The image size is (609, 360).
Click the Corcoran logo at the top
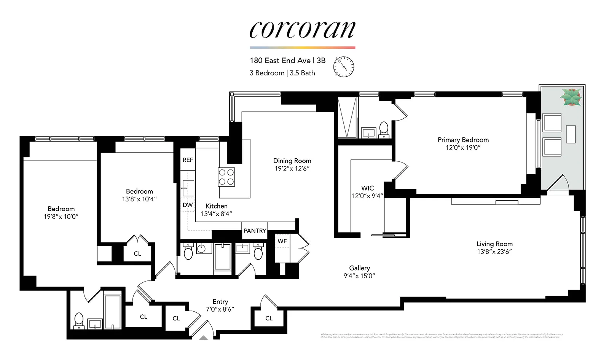[302, 30]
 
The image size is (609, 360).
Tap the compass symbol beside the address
[344, 67]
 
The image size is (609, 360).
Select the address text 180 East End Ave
[280, 61]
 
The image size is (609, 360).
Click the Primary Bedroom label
[463, 140]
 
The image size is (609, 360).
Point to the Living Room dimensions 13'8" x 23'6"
[494, 252]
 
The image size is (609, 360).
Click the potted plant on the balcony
[571, 97]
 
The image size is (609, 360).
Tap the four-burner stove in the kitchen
[226, 177]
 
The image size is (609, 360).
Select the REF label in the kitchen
[188, 160]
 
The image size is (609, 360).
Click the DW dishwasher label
[188, 205]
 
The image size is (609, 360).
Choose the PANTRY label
[255, 231]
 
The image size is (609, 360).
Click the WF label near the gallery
[282, 241]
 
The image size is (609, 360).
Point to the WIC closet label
[367, 188]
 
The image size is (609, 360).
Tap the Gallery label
[359, 268]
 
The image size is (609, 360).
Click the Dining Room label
[292, 161]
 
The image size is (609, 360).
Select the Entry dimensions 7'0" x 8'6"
[220, 309]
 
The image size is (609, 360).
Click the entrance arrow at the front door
[204, 338]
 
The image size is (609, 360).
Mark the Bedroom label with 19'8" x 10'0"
[61, 209]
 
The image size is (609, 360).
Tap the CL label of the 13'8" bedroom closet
[137, 253]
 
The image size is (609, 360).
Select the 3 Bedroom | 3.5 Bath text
[282, 73]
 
